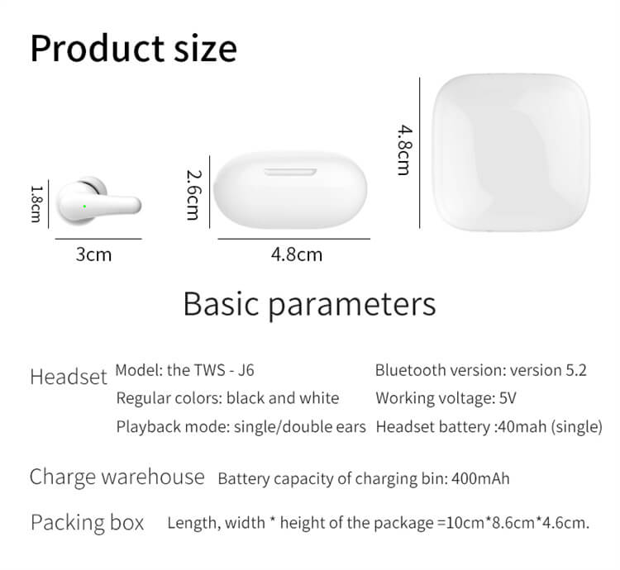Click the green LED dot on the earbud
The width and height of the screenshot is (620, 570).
point(84,207)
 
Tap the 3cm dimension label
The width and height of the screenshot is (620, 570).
point(93,254)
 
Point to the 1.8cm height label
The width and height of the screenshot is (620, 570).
point(36,204)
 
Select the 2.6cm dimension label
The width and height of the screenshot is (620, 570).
point(193,195)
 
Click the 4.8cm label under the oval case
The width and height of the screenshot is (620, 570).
point(297,254)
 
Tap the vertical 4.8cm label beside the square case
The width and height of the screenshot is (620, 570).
point(405,150)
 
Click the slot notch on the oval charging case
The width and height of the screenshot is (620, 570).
point(291,172)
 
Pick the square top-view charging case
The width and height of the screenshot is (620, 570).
point(511,152)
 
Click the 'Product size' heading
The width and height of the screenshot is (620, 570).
point(134,49)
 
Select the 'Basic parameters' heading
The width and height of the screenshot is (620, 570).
point(310,304)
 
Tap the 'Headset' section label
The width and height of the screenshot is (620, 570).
point(69,377)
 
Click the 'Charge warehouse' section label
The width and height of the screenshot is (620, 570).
point(117,477)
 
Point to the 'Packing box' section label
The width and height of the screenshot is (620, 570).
point(88,523)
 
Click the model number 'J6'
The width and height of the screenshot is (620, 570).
point(246,371)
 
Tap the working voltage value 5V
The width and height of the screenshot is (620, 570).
point(508,398)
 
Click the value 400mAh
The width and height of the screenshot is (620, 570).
point(480,479)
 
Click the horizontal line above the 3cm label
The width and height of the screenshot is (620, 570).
point(98,239)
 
